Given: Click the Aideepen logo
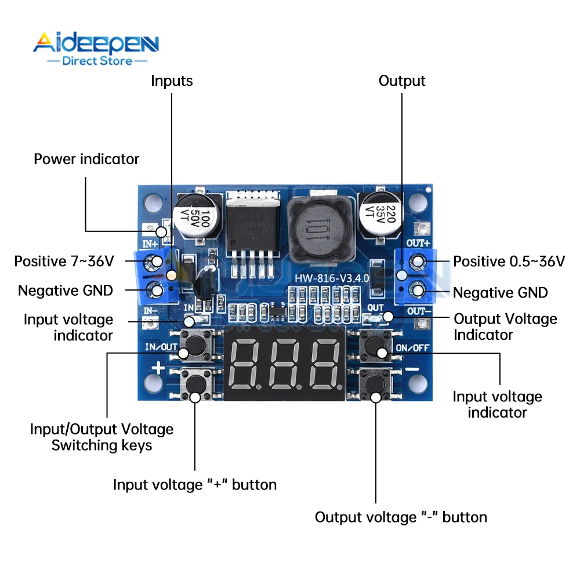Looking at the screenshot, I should pos(96,43).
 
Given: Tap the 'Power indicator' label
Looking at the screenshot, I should pos(86,159).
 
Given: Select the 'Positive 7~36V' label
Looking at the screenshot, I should pos(64,262).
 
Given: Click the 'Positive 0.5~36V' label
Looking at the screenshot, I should pos(509,262).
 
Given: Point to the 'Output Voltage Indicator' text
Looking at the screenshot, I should pos(505,327).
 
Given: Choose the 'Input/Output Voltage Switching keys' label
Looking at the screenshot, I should pos(101,437).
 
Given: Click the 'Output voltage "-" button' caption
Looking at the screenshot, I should pos(401,517).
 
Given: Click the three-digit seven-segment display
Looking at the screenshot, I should pos(285,364).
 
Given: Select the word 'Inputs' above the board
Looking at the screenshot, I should pos(172,81).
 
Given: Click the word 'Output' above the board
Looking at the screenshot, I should pos(402,81).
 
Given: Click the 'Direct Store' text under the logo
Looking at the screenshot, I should pos(97,60).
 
